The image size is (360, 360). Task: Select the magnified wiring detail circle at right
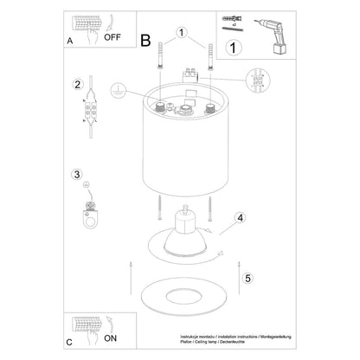tap(259, 87)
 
